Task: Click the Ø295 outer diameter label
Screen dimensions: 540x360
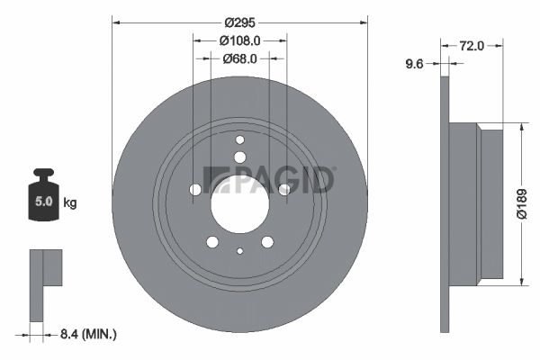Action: (239, 22)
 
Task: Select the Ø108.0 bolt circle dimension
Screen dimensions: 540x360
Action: (239, 41)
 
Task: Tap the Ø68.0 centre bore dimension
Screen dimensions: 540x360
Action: (239, 58)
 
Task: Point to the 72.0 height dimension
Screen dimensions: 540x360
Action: (472, 46)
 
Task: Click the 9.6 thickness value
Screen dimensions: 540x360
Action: (414, 64)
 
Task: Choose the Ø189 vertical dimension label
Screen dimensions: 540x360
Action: (522, 203)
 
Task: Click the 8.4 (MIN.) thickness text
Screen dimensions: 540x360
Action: (88, 334)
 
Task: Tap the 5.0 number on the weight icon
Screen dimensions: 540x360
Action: (43, 202)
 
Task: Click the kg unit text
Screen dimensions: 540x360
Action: (70, 202)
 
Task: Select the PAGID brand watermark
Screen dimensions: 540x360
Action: (268, 179)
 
